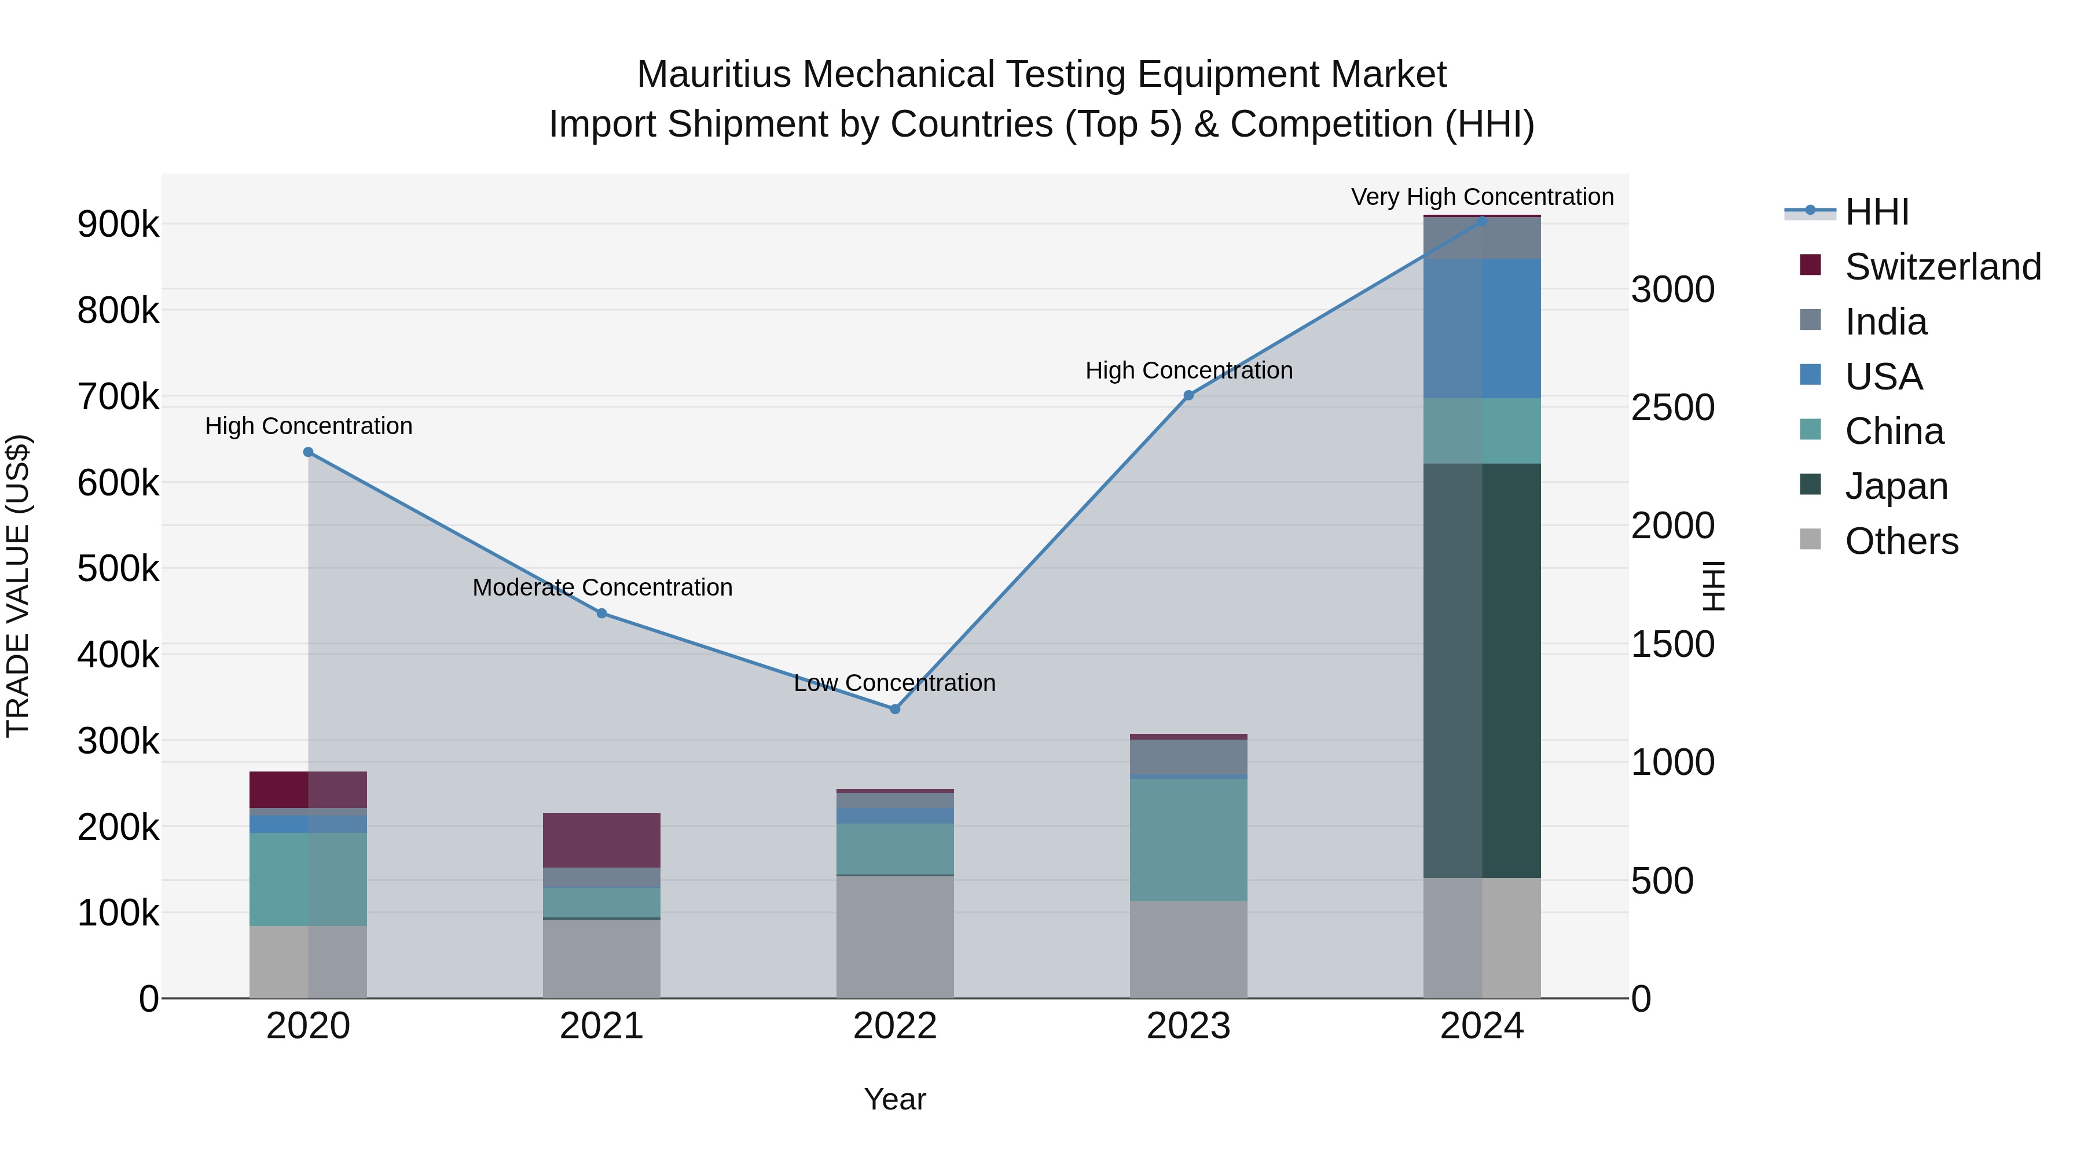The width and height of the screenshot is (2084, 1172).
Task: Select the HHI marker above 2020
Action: pos(308,452)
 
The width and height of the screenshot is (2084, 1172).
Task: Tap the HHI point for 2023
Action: pos(1188,395)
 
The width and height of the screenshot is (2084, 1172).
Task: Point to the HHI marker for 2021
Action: pos(602,613)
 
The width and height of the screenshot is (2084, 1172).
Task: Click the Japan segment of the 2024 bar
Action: pos(1482,671)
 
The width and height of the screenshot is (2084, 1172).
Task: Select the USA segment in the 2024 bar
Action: pos(1482,328)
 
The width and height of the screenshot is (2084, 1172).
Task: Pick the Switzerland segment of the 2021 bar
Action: pos(602,840)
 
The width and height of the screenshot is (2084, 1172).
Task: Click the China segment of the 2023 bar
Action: pos(1188,840)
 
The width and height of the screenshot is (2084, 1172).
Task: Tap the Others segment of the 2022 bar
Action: pos(895,936)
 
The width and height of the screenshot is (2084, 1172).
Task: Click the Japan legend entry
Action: pos(1896,486)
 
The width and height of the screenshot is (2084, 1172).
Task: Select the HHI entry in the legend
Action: pos(1877,212)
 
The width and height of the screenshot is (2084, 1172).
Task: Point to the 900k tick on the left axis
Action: pos(118,224)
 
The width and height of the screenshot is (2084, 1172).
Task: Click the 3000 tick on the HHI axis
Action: pos(1672,289)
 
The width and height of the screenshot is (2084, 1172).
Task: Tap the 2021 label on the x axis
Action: pos(602,1026)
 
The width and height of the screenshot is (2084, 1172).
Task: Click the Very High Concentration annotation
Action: pos(1482,197)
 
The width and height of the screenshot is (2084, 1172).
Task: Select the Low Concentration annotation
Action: pos(895,683)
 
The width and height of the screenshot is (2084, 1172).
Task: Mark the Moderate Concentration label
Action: pos(603,587)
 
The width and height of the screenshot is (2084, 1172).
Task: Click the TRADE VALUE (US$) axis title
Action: pos(18,586)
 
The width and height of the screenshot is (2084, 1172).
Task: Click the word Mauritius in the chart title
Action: pos(714,75)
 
